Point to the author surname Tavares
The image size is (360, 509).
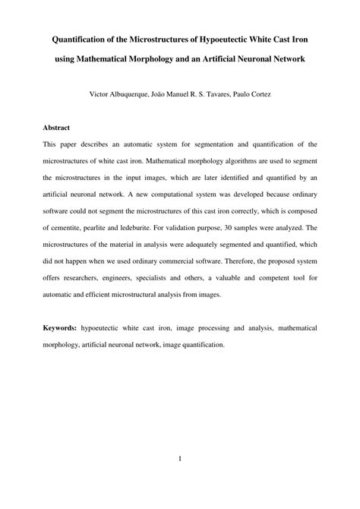click(x=238, y=96)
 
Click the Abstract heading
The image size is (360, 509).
click(x=58, y=127)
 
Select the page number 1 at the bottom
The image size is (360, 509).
click(x=180, y=457)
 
